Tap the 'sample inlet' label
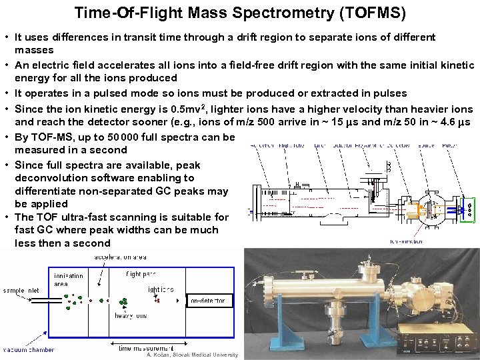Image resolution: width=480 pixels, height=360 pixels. point(21,291)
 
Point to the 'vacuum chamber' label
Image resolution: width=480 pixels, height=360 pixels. point(28,349)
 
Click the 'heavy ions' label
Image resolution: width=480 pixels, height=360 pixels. point(131,315)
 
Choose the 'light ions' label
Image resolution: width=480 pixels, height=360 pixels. point(160,289)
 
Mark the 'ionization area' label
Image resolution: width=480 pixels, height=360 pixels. point(69,279)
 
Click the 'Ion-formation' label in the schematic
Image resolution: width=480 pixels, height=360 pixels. point(427,242)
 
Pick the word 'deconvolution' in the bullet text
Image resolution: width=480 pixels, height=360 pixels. point(49,178)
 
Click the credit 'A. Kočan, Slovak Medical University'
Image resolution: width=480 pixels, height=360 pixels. point(192,355)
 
